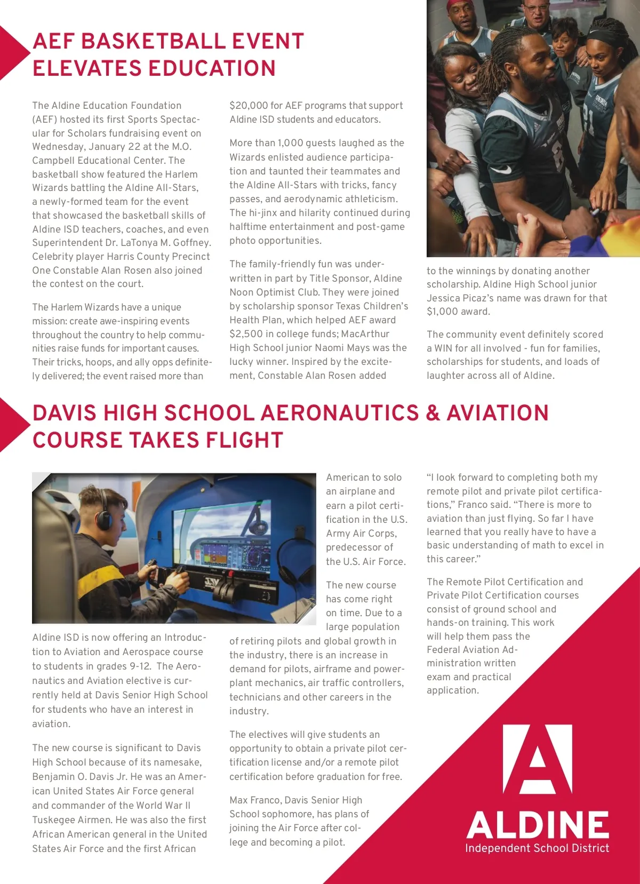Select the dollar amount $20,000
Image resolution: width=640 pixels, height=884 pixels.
coord(249,106)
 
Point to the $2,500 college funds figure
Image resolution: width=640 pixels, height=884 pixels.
coord(247,334)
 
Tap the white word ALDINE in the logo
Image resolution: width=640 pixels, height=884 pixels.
coord(538,825)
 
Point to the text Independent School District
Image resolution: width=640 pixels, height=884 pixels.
coord(537,848)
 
